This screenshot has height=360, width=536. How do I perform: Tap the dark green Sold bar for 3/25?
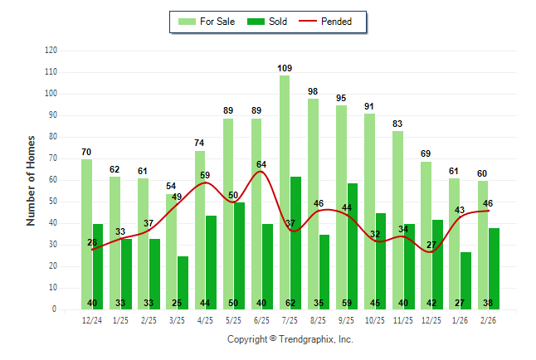coord(183,282)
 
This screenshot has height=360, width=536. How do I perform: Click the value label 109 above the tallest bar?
coord(285,67)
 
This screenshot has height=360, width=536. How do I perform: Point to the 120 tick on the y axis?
coord(51,51)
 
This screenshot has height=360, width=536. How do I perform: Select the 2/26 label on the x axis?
coord(489,319)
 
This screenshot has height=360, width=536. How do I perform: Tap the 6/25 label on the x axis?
coord(262,319)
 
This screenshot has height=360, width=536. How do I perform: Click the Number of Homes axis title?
coord(31,180)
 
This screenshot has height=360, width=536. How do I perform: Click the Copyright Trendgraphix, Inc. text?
coord(290,339)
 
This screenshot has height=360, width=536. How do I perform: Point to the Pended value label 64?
coord(261,164)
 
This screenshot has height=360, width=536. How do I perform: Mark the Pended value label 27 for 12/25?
coord(431,245)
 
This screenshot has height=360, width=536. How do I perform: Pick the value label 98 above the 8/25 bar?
coord(313,91)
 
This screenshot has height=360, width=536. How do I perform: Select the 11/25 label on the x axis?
coord(403,319)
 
